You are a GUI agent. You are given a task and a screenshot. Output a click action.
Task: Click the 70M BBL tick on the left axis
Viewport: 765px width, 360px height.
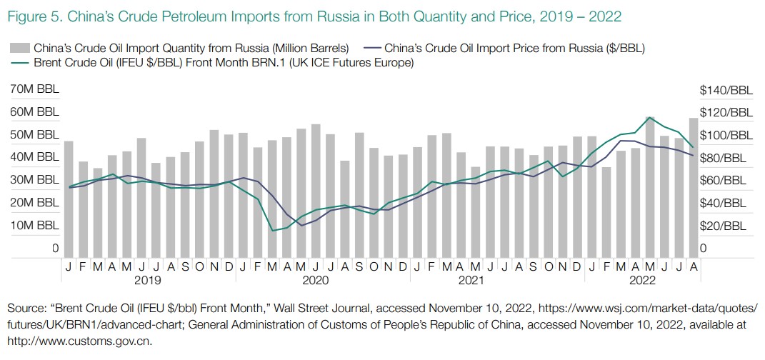point(34,90)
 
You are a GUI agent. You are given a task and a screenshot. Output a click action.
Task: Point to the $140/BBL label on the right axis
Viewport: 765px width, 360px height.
point(726,90)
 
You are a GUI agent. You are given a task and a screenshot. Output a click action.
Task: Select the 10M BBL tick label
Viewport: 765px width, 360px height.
point(34,226)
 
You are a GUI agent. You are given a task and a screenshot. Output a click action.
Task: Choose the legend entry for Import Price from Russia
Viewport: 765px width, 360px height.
point(514,49)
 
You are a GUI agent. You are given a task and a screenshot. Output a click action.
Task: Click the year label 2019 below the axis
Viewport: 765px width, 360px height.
point(148,281)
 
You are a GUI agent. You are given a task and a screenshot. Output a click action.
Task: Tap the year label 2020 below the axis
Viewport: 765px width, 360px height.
point(315,281)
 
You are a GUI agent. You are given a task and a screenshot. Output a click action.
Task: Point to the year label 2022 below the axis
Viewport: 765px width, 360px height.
point(643,281)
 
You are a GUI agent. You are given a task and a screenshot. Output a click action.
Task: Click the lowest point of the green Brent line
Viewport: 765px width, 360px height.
point(273,231)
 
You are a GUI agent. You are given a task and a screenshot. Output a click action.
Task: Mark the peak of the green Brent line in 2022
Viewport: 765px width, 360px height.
point(650,118)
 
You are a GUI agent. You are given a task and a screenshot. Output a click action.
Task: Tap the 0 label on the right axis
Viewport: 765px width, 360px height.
point(704,249)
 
